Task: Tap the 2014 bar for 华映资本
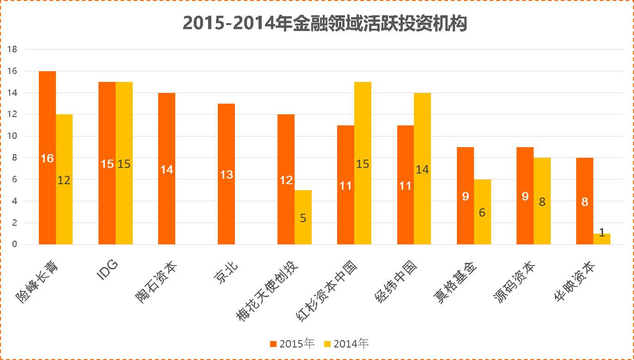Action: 602,239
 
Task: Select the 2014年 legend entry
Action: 346,344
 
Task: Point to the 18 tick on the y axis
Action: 12,50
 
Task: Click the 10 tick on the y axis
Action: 12,136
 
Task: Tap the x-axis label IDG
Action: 108,270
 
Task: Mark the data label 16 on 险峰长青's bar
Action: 47,159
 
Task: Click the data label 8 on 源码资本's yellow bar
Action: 542,202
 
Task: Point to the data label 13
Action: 226,175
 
